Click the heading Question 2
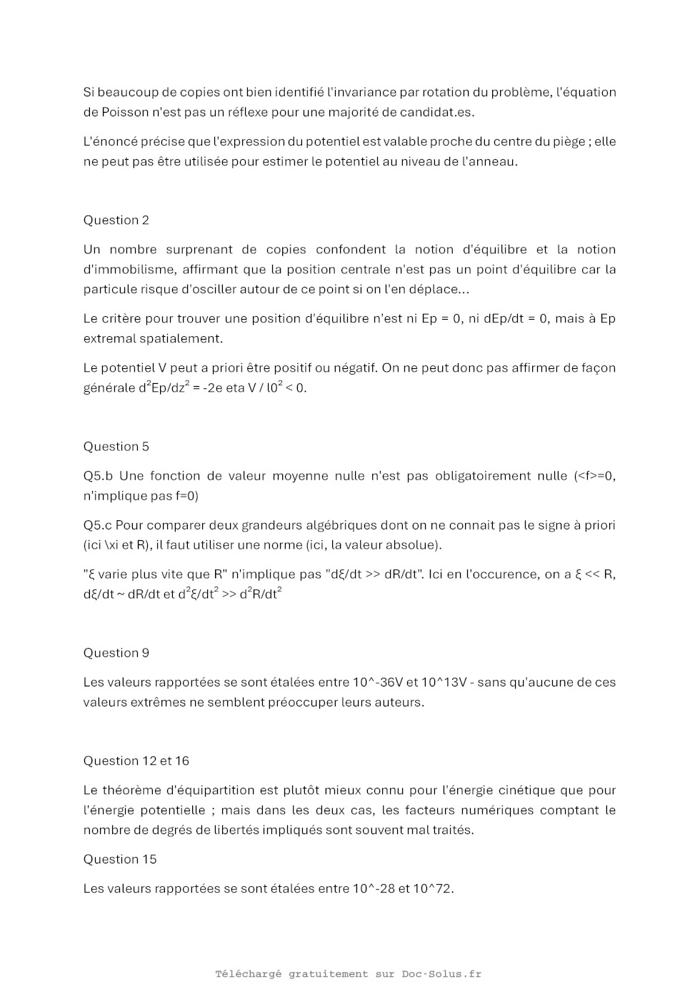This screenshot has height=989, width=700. [116, 220]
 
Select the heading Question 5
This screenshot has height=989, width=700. [116, 446]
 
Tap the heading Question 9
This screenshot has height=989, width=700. [116, 652]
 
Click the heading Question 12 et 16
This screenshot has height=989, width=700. [136, 761]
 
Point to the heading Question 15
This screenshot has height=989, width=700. [120, 858]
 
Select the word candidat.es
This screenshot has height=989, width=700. [437, 112]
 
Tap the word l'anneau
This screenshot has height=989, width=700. [490, 161]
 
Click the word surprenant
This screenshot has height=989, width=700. [199, 250]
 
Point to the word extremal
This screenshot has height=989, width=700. [111, 338]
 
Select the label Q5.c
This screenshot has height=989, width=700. [98, 525]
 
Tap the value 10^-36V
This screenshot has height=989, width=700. [378, 682]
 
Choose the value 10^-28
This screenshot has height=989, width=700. [374, 888]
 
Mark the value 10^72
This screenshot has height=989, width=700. [433, 888]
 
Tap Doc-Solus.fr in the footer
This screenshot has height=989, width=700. [441, 973]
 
